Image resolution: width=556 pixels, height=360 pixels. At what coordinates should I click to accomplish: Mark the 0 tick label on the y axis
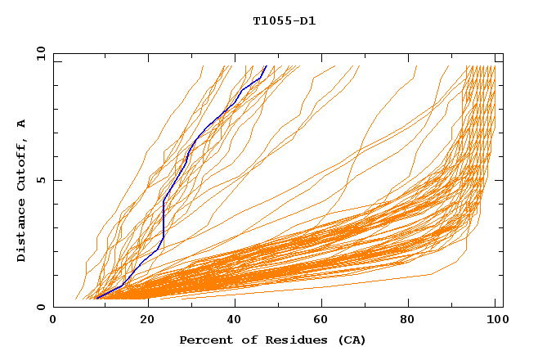(x=40, y=308)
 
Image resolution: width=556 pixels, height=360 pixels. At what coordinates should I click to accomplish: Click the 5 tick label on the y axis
(x=40, y=180)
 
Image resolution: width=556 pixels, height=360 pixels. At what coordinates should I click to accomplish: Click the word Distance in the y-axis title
(x=22, y=235)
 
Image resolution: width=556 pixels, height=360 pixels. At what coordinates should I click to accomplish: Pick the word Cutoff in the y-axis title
(x=22, y=167)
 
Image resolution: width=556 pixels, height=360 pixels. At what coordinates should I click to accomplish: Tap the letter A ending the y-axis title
(x=22, y=124)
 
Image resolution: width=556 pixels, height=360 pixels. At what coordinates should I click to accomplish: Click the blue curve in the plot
(x=164, y=213)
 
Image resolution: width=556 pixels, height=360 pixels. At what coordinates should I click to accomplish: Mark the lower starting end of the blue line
(x=96, y=299)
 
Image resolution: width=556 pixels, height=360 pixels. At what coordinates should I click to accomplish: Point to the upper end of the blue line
(x=266, y=65)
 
